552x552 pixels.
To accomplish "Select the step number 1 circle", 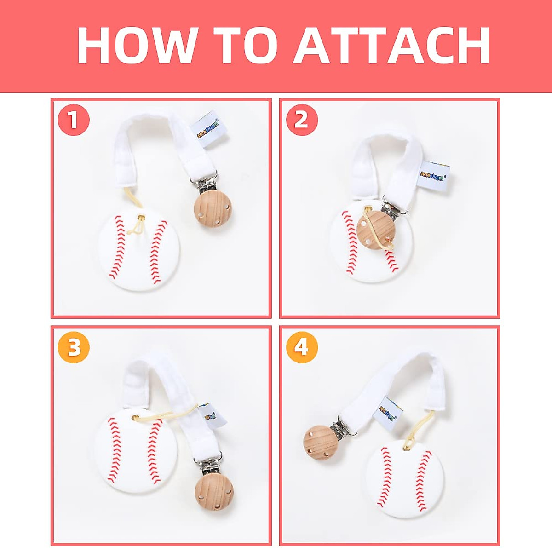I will (x=74, y=120).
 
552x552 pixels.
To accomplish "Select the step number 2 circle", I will (x=301, y=120).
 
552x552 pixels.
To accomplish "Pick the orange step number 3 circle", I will (x=74, y=348).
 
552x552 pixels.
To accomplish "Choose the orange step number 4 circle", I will (x=301, y=348).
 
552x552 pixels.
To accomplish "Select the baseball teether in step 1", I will (x=139, y=251).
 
